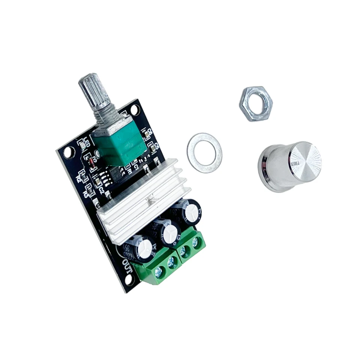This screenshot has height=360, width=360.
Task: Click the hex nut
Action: (255, 103)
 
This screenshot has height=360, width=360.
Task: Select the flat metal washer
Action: (204, 152)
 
